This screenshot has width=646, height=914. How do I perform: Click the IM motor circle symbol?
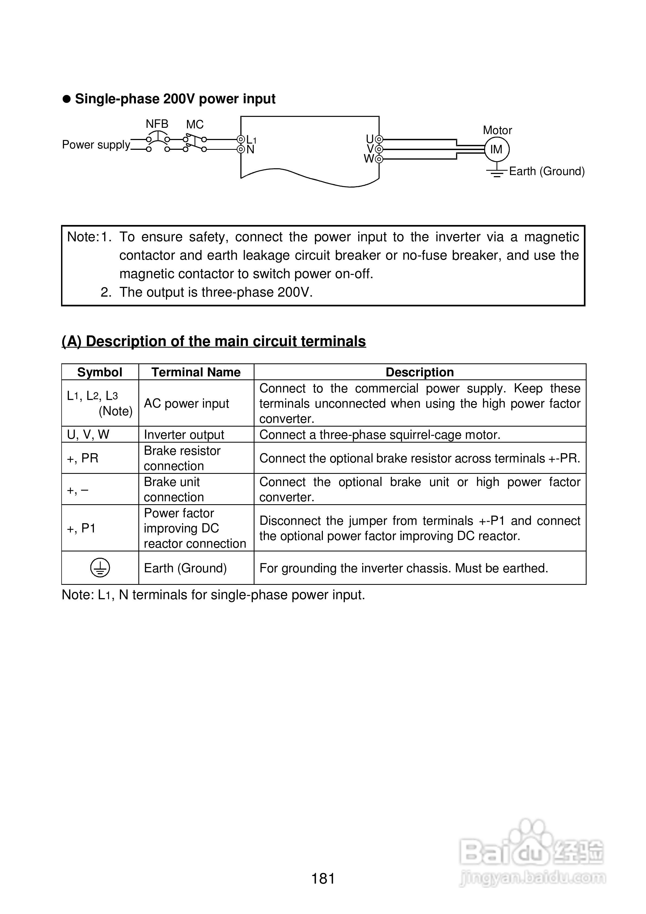(x=496, y=149)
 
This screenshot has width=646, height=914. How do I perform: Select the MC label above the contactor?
(x=195, y=124)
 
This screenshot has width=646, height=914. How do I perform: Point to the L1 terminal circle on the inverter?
(x=240, y=139)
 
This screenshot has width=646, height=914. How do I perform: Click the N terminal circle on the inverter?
(x=240, y=149)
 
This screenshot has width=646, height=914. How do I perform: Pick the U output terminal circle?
(x=379, y=139)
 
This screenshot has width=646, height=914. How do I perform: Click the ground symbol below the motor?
(x=496, y=172)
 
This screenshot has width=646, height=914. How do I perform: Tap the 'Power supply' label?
(x=96, y=144)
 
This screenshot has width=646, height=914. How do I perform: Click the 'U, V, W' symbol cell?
(x=88, y=434)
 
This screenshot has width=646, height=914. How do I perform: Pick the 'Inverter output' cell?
(x=184, y=434)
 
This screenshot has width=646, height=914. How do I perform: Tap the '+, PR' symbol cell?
(x=82, y=458)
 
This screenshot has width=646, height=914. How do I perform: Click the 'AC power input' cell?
(x=186, y=403)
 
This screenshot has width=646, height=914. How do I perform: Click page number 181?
(x=323, y=878)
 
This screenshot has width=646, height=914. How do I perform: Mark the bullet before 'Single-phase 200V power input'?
(x=66, y=99)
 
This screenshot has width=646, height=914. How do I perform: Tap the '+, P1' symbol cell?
(x=81, y=528)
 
